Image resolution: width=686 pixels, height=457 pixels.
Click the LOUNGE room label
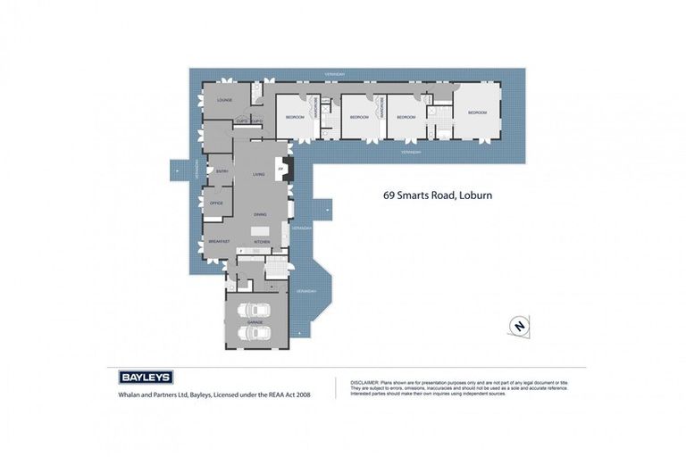point(224,100)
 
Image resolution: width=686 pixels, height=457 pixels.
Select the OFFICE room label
point(216,203)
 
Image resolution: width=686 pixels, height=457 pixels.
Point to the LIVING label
point(259,175)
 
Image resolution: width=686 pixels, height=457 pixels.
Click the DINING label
point(260,214)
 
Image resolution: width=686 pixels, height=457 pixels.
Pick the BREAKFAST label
point(219,241)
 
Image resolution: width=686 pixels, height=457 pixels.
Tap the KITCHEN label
point(262,242)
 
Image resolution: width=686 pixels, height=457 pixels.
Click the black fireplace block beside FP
point(288,167)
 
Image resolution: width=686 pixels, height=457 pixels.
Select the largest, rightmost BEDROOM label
point(478,112)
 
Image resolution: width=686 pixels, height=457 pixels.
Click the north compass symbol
point(518,327)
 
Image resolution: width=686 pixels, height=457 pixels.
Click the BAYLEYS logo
point(146,377)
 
